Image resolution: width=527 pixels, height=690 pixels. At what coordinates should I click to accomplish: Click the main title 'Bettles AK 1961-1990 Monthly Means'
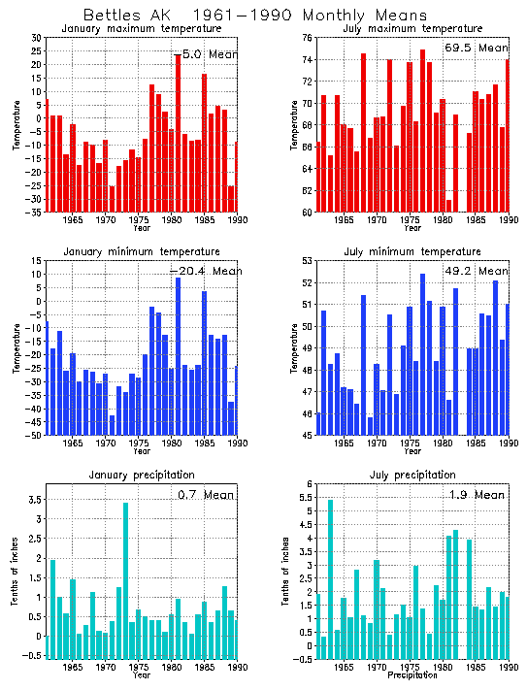tap(254, 16)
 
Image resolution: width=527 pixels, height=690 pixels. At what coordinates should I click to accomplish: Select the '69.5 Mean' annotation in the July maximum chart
tap(476, 48)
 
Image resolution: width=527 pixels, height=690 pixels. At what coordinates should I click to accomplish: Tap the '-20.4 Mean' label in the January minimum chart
tap(203, 271)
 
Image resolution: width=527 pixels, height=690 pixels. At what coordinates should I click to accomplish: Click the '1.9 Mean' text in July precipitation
tap(476, 495)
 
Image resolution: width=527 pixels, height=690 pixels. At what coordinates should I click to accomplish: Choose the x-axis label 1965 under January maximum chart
tap(72, 221)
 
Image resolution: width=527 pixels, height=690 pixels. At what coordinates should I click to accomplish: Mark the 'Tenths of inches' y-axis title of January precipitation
tap(13, 573)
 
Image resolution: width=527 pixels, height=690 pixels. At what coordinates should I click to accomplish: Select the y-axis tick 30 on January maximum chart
tap(36, 38)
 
